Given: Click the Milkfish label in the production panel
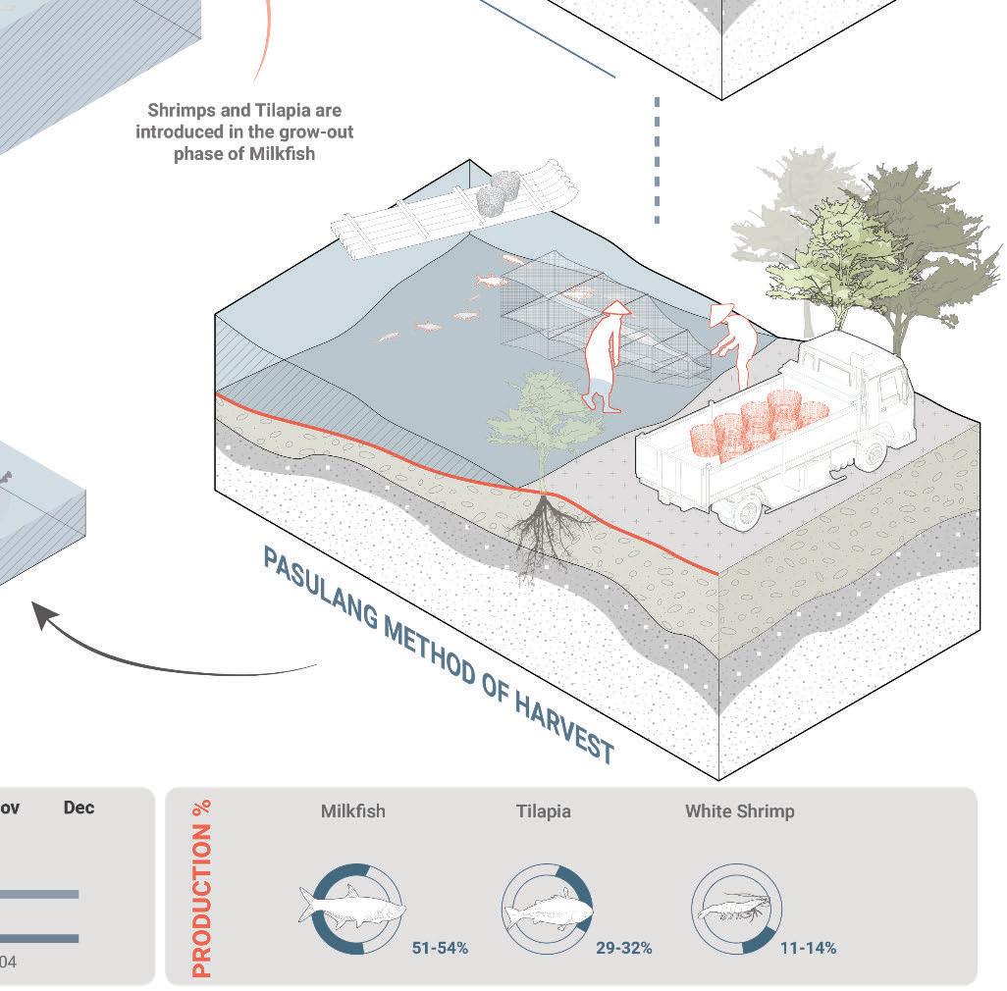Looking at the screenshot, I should pos(352,811).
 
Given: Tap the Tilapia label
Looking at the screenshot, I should pos(543,811).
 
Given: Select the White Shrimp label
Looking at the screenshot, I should pos(739,811).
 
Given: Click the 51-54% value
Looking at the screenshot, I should pos(441,948).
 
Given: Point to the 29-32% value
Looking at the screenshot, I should pos(623,948).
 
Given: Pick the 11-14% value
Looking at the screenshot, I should pos(808,948).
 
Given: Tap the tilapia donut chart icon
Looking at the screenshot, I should pos(548,909).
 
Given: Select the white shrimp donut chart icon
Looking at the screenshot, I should pos(736,909).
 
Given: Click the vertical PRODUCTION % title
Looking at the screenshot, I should pos(202,888).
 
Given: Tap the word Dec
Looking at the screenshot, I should pos(79,808).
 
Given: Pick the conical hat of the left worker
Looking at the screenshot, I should pos(614,309).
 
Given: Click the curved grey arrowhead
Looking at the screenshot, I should pos(44,615).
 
